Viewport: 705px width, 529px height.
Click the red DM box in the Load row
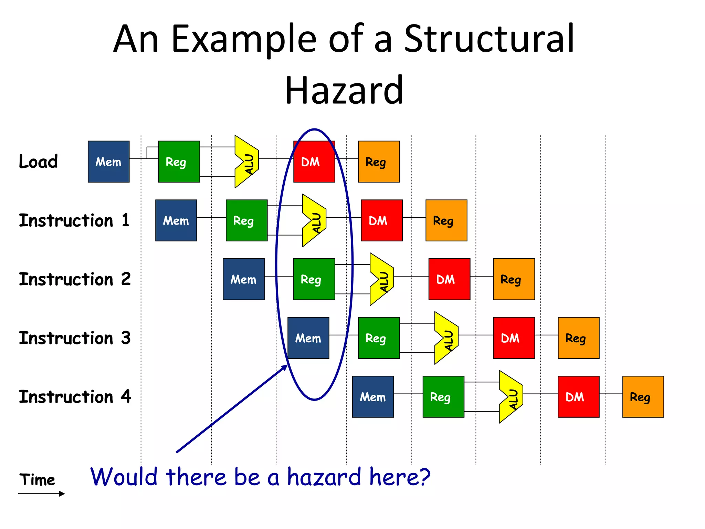pos(314,162)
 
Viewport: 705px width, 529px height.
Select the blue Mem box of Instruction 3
pos(308,338)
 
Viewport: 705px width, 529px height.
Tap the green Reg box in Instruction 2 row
pos(314,279)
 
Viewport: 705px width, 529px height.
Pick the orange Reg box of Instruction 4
pos(643,397)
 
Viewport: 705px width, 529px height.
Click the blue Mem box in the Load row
pos(108,162)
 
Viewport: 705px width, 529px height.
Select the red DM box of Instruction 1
pos(381,220)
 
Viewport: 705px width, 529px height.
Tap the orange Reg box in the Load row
pos(379,162)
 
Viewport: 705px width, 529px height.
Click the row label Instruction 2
pos(75,279)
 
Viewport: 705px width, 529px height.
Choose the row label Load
pos(38,162)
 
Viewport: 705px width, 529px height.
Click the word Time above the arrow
pos(37,480)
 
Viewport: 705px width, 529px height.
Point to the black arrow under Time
pos(41,494)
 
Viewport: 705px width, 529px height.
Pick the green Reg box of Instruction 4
pos(443,397)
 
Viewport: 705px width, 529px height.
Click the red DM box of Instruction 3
pos(514,338)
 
